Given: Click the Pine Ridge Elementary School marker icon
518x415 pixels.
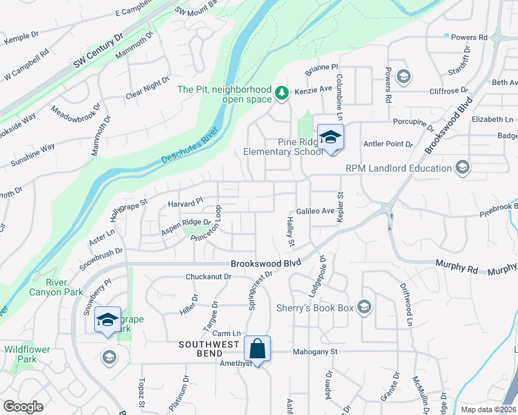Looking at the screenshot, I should pyautogui.click(x=330, y=137).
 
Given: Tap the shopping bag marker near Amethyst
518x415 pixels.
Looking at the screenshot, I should pyautogui.click(x=257, y=349).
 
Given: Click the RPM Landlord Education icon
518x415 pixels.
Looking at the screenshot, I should pyautogui.click(x=462, y=167).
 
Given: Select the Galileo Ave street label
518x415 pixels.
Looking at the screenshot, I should pyautogui.click(x=315, y=210).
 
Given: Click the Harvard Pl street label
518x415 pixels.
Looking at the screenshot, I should pyautogui.click(x=185, y=203).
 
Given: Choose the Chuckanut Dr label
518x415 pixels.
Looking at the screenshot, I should pyautogui.click(x=208, y=277).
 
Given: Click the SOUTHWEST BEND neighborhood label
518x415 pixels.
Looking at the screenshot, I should pyautogui.click(x=208, y=344).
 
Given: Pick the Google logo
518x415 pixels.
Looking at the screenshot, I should pyautogui.click(x=23, y=407).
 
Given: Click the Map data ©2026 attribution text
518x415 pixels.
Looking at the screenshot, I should pyautogui.click(x=488, y=409).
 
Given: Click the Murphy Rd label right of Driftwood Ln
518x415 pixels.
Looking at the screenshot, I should pyautogui.click(x=455, y=264).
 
